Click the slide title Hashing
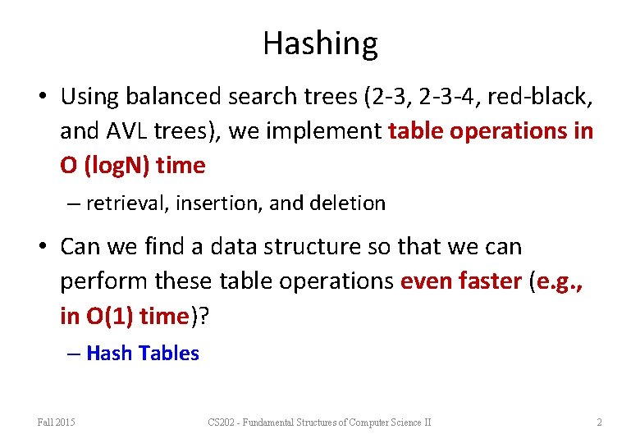tap(320, 43)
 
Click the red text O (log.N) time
tap(132, 166)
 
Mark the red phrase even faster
tap(460, 281)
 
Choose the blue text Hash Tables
tap(142, 354)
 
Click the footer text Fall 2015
tap(56, 422)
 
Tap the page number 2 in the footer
tap(599, 422)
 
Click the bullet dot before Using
tap(41, 98)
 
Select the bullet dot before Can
tap(41, 247)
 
